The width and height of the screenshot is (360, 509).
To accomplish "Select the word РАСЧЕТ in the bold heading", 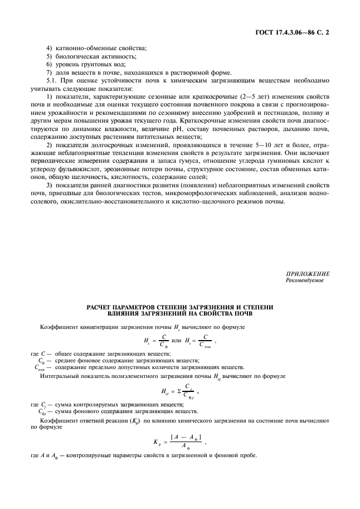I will pyautogui.click(x=100, y=307).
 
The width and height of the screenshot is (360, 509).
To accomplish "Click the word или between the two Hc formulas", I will pyautogui.click(x=177, y=340).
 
